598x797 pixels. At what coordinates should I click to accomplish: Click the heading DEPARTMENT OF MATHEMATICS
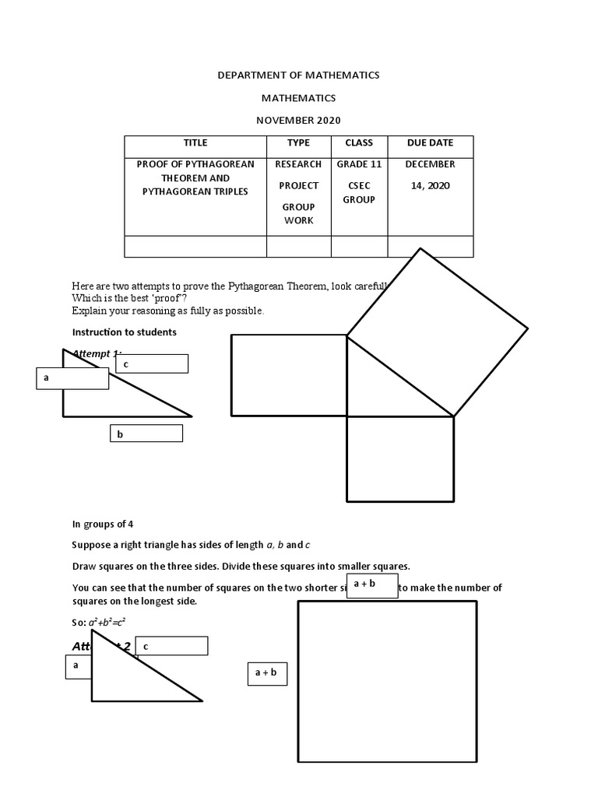point(298,75)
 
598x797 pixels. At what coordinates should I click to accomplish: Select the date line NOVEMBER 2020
point(298,121)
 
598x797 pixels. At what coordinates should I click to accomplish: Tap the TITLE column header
point(195,143)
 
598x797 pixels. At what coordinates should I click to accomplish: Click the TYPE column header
point(298,143)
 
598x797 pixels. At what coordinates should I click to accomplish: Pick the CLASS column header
point(359,143)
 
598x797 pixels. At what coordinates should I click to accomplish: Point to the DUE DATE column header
point(430,143)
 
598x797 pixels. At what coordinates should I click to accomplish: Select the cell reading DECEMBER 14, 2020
point(430,175)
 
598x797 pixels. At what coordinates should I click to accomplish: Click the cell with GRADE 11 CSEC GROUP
point(359,182)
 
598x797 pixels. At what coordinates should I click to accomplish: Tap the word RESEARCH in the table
point(298,164)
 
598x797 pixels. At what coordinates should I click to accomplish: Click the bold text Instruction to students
point(124,332)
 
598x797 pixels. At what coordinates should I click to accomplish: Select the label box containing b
point(146,434)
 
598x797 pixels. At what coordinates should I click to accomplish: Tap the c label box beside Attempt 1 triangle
point(152,363)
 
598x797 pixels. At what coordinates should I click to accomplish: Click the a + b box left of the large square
point(267,672)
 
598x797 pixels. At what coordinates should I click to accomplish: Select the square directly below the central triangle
point(399,459)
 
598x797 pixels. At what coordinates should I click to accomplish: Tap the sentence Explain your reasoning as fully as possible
point(167,311)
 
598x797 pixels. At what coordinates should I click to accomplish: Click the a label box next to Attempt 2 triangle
point(79,666)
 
